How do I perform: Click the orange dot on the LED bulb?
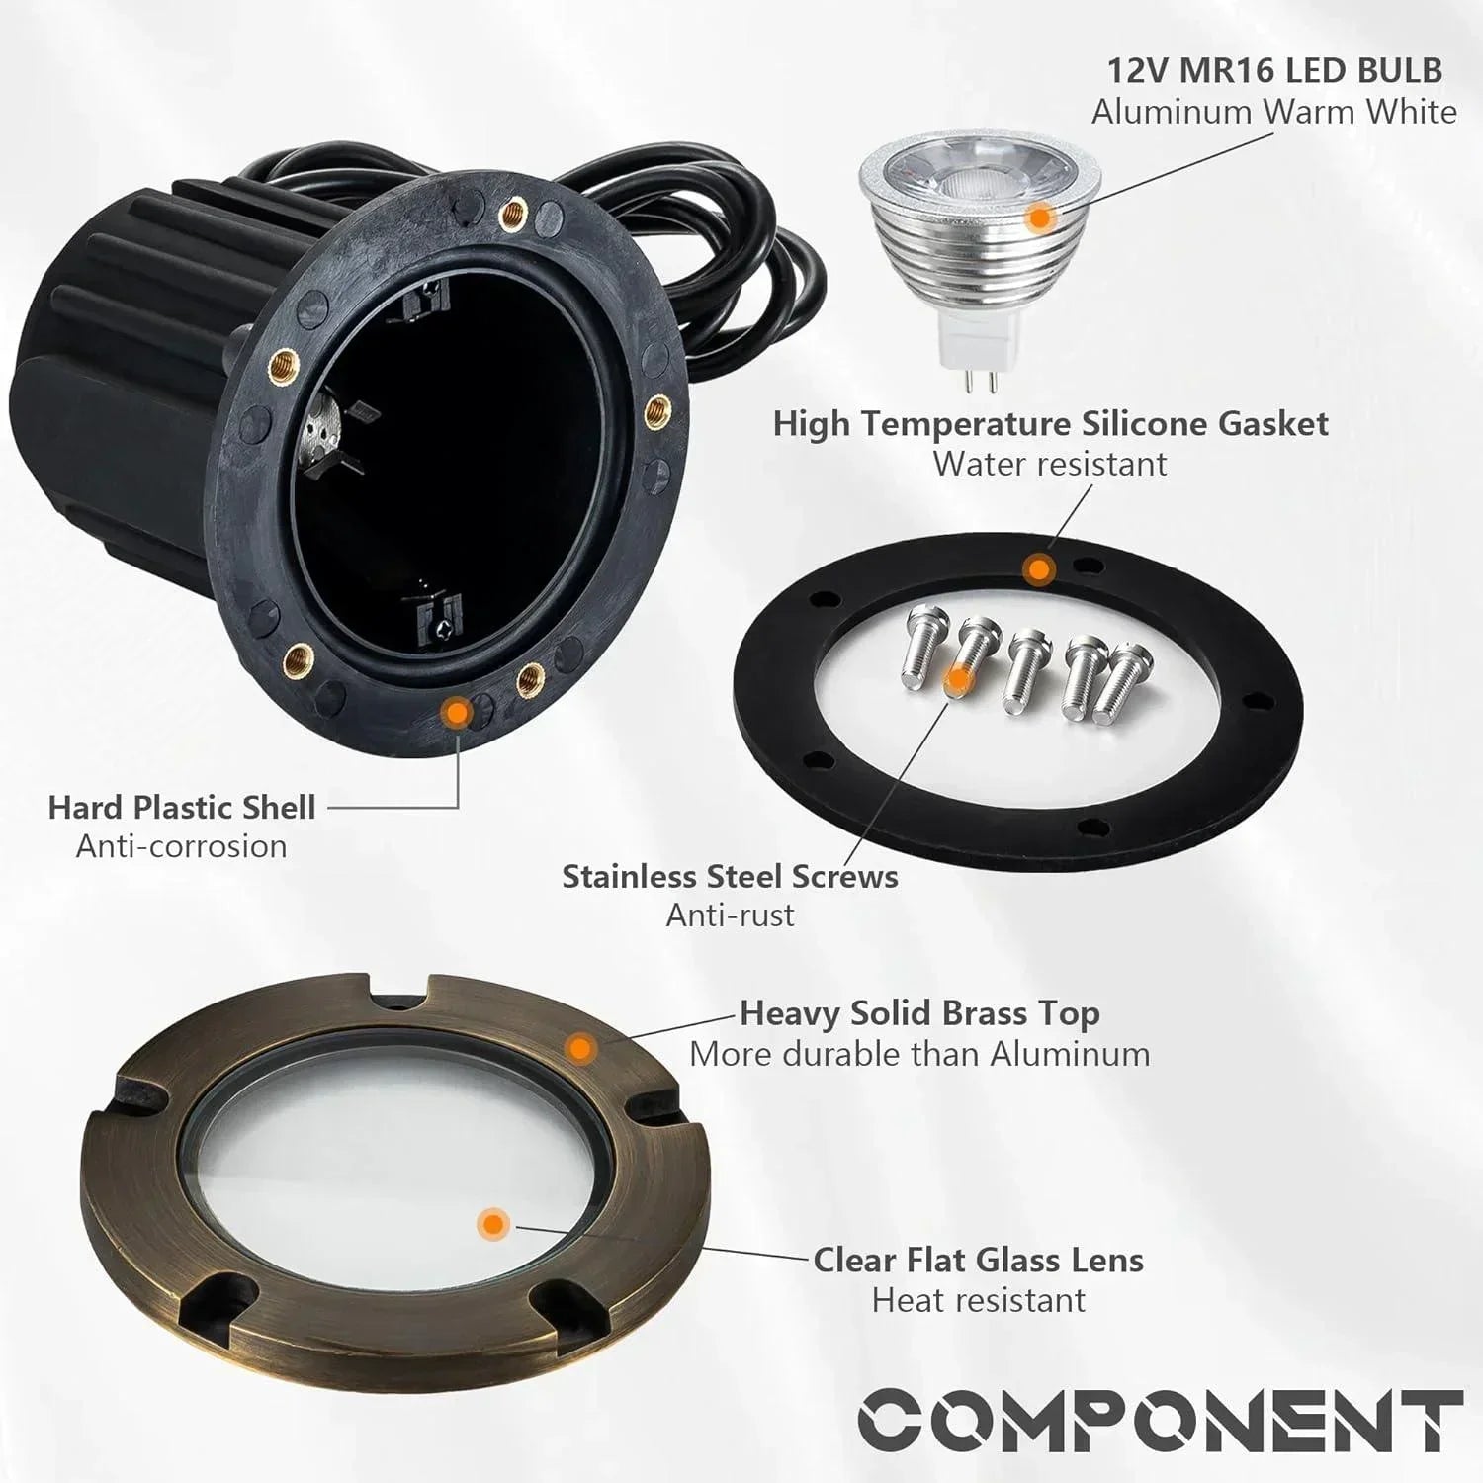click(1037, 218)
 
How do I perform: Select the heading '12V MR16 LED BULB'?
click(1273, 70)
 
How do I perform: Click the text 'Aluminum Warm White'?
click(1273, 112)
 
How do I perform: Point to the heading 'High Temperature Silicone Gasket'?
click(1050, 423)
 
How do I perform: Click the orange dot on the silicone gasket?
click(1037, 569)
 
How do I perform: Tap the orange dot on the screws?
click(957, 679)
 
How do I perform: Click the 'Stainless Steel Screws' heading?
click(730, 876)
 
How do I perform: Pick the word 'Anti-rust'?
click(730, 916)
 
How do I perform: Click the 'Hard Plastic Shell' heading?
click(182, 807)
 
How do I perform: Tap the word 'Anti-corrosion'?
click(182, 846)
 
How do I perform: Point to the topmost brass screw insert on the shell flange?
click(512, 211)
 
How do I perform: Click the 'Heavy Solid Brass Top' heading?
click(919, 1013)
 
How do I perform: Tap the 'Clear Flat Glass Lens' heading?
click(978, 1260)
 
